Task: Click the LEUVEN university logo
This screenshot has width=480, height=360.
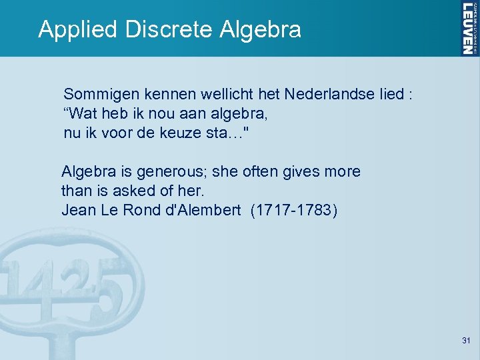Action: (x=469, y=28)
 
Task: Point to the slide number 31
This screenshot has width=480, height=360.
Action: (x=466, y=341)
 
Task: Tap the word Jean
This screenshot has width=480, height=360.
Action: (x=78, y=211)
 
